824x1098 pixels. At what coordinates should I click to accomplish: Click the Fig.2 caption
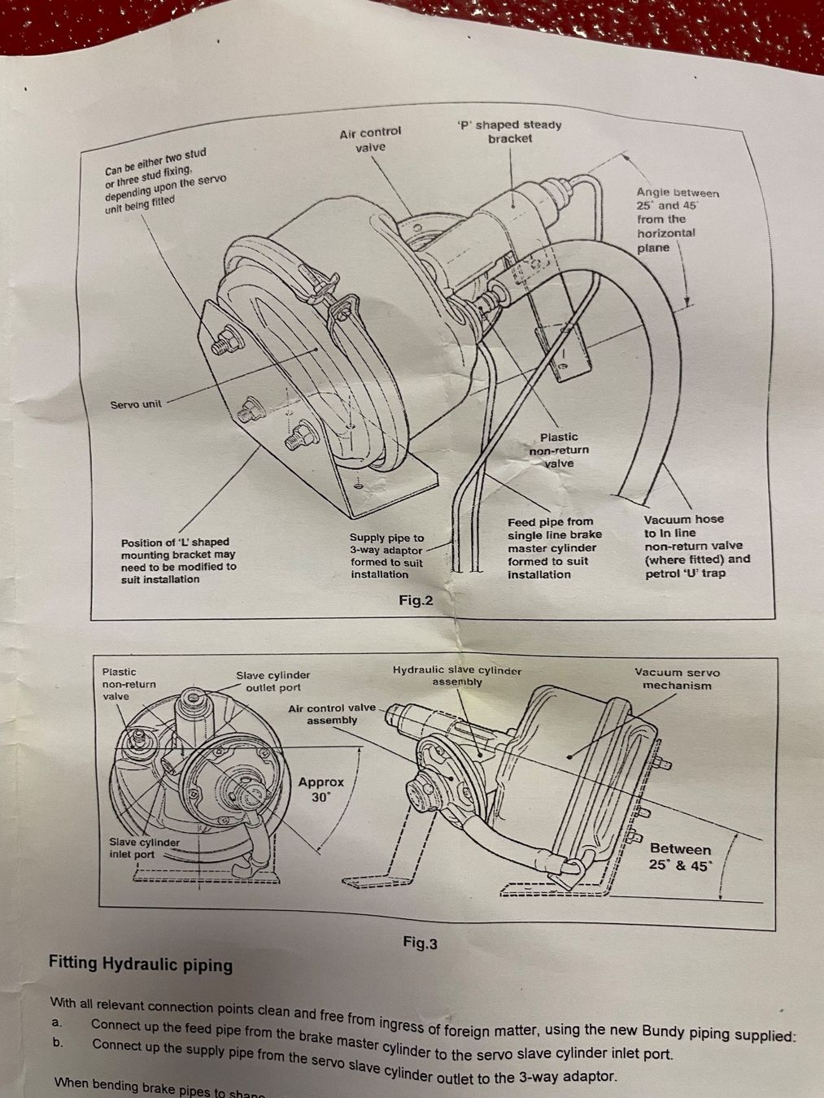click(x=416, y=601)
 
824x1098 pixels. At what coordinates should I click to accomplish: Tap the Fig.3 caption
click(x=420, y=943)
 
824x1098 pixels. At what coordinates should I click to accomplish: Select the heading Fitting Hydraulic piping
click(x=141, y=965)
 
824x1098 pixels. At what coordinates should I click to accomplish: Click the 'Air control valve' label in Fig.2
click(x=370, y=139)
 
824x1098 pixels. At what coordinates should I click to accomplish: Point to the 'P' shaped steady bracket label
click(x=509, y=132)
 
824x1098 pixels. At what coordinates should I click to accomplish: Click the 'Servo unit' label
click(x=136, y=404)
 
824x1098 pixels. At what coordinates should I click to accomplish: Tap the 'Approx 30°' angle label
click(x=321, y=789)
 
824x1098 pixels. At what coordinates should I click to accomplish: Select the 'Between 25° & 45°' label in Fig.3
click(x=680, y=856)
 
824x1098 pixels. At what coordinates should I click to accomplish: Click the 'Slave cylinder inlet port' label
click(x=144, y=848)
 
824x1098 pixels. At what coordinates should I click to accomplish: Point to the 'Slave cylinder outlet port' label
click(x=272, y=682)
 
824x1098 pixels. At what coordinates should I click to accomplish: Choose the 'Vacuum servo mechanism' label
click(x=677, y=678)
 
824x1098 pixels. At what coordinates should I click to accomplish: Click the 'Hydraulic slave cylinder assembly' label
click(x=456, y=676)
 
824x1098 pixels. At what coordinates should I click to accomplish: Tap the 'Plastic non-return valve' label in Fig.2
click(x=558, y=450)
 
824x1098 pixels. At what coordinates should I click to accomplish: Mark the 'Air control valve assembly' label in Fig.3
click(x=332, y=714)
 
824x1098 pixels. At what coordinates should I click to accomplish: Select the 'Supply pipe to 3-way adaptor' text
click(x=386, y=556)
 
